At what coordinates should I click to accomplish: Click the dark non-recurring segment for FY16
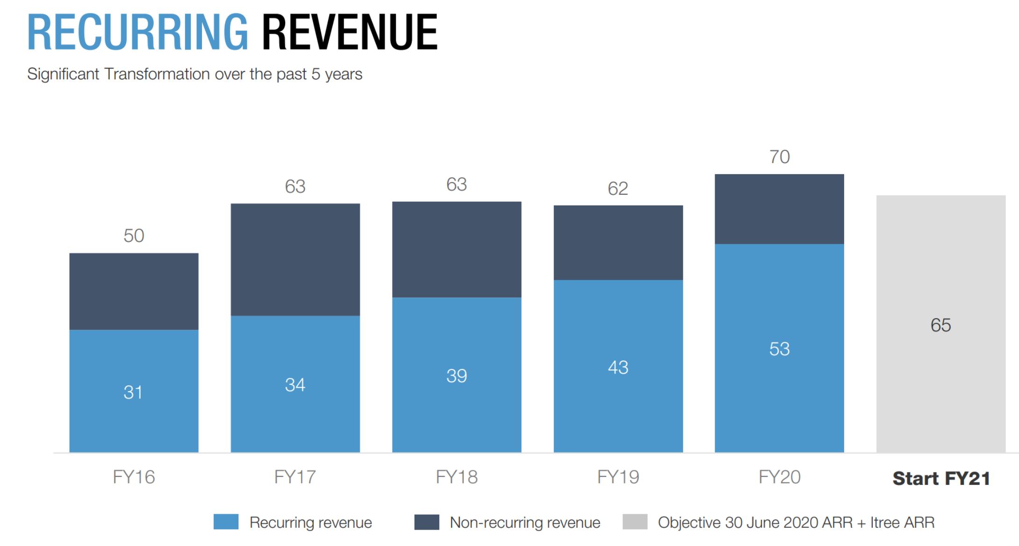[x=134, y=291]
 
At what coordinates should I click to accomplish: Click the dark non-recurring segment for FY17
[x=295, y=259]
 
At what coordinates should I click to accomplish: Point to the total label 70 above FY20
[x=779, y=157]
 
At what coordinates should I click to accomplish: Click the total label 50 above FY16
[x=134, y=236]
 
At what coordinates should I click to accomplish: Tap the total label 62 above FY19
[x=617, y=189]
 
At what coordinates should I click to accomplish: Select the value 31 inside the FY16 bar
[x=133, y=392]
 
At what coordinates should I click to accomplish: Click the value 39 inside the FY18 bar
[x=456, y=376]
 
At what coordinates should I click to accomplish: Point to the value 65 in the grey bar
[x=940, y=325]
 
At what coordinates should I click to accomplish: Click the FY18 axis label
[x=456, y=477]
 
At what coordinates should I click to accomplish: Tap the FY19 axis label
[x=618, y=477]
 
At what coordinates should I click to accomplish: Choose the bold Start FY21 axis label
[x=941, y=478]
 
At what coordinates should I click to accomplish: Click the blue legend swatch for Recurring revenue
[x=226, y=522]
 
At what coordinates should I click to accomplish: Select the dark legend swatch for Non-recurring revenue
[x=426, y=522]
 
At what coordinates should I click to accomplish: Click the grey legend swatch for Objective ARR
[x=635, y=522]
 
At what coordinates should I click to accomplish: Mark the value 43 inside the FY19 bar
[x=617, y=368]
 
